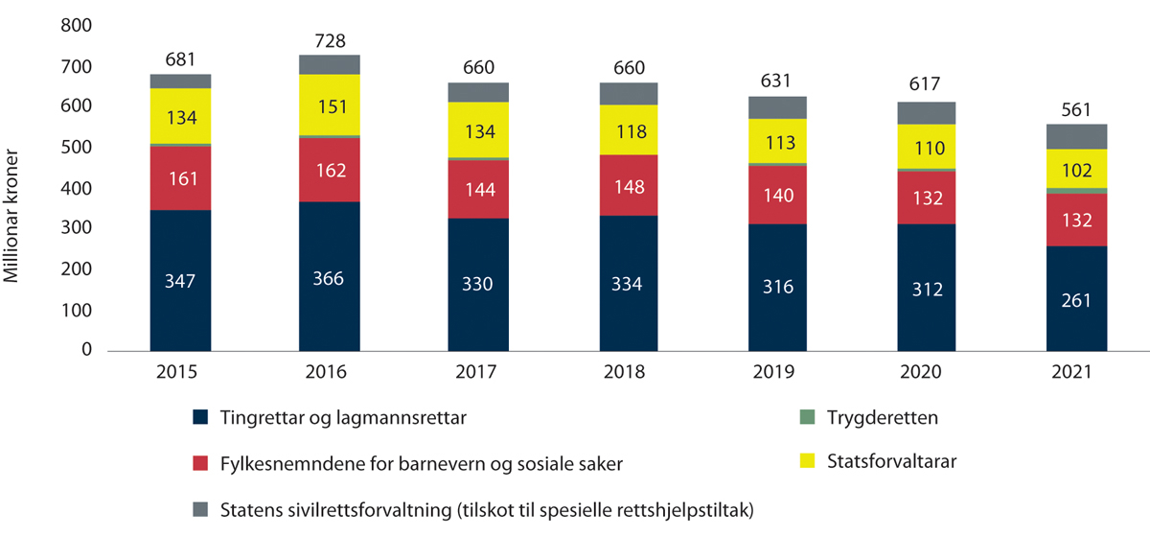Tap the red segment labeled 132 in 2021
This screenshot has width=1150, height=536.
1076,220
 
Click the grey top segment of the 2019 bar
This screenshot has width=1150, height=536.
778,107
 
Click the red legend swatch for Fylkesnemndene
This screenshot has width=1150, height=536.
200,463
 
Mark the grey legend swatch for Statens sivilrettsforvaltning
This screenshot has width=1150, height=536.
200,508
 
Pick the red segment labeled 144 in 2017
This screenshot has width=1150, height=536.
478,189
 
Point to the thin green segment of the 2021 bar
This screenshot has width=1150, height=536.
1076,191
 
